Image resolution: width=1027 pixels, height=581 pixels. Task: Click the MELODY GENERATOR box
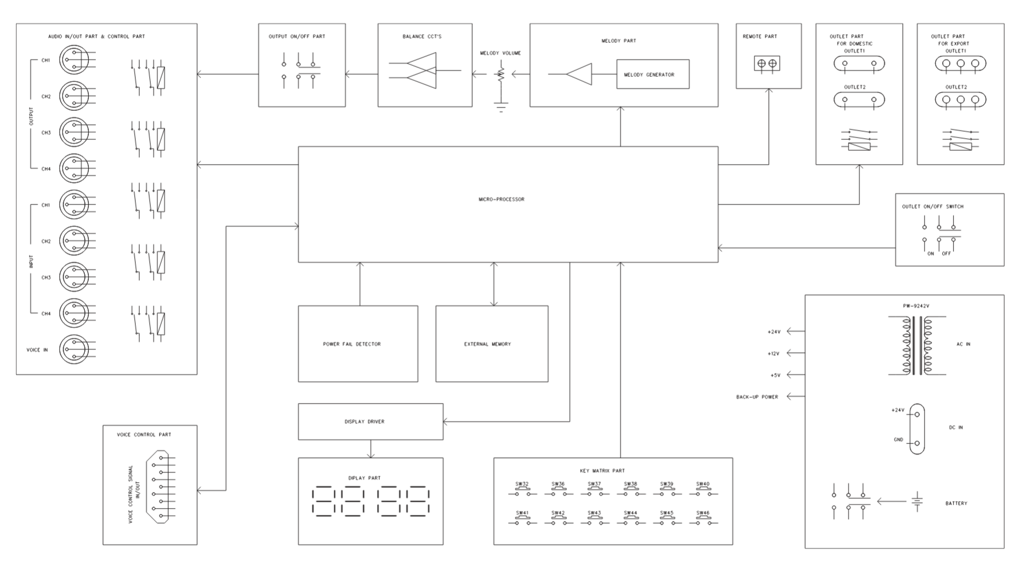coord(652,75)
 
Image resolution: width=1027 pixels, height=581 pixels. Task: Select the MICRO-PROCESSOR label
coord(501,200)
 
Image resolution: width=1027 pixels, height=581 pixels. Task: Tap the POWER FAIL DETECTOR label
coord(352,344)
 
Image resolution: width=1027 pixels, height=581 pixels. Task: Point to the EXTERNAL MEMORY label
coord(487,344)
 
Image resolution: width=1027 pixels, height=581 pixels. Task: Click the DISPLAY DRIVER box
coord(370,422)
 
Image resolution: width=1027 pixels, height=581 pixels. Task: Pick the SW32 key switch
coord(522,491)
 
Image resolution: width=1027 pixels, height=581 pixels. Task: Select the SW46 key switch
coord(703,520)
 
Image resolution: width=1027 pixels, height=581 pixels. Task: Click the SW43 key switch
coord(595,520)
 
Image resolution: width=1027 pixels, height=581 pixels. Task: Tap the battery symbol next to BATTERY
coord(917,502)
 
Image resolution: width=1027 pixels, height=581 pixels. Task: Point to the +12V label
coord(774,353)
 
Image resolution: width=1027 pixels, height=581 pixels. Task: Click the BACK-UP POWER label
coord(757,397)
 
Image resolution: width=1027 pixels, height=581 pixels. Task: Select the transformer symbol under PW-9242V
coord(917,345)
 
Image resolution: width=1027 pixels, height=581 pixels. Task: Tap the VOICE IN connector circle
coord(74,349)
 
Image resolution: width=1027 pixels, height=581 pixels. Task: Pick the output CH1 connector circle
coord(74,60)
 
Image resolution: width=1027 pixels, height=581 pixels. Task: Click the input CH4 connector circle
coord(74,314)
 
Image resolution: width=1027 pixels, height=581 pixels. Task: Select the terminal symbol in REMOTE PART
coord(767,64)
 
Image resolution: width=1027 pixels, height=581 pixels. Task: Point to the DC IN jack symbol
coord(916,429)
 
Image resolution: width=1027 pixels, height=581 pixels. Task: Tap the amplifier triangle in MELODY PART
coord(578,75)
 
